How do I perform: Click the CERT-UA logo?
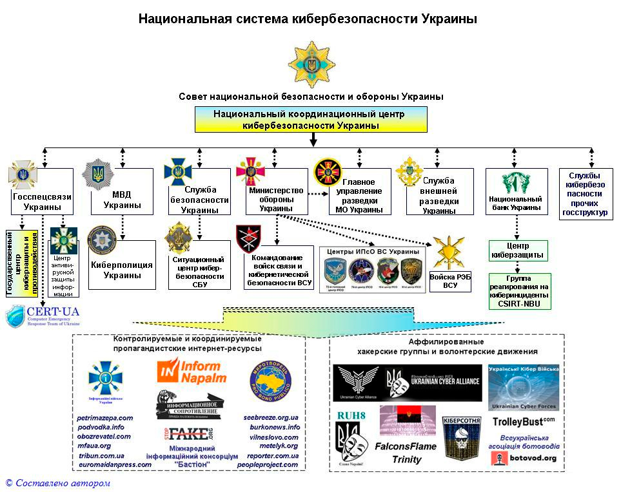coord(43,317)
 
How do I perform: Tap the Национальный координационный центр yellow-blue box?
coord(311,119)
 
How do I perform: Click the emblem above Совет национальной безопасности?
coord(311,64)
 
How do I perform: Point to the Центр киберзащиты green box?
coord(518,251)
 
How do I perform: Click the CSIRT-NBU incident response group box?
coord(519,291)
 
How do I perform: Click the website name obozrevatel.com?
coord(103,436)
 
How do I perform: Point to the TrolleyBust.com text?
coord(523,422)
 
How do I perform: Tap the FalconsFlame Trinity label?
coord(406,453)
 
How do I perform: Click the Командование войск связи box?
coord(279,270)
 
